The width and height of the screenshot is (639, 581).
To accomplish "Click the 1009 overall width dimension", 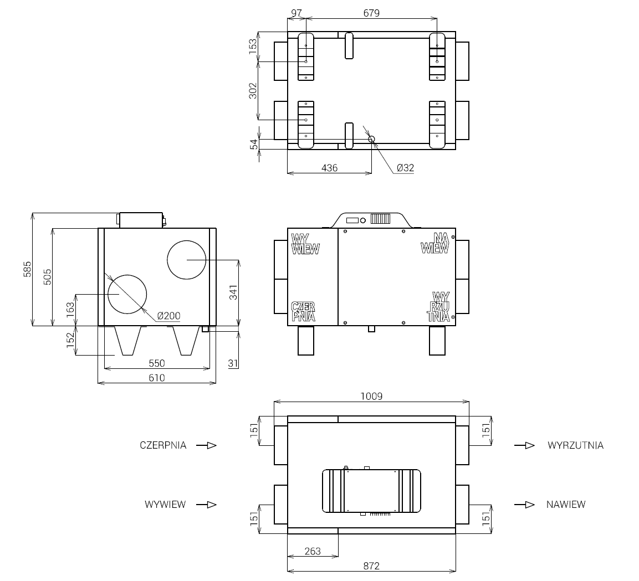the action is point(371,396).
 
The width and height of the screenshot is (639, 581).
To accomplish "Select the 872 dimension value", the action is point(371,566).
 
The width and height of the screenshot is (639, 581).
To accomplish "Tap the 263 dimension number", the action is point(313,551).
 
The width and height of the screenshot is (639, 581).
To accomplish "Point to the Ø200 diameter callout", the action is point(168,316).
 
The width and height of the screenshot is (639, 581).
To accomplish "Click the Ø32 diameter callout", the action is point(405,168).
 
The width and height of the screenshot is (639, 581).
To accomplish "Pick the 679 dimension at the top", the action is point(371,13).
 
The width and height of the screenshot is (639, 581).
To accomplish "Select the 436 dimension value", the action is point(329,168).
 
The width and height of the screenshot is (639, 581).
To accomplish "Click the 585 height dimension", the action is point(27,269).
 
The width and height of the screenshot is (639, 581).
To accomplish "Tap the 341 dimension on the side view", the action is point(233,293).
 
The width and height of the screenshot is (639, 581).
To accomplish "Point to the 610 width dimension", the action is point(156,378).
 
